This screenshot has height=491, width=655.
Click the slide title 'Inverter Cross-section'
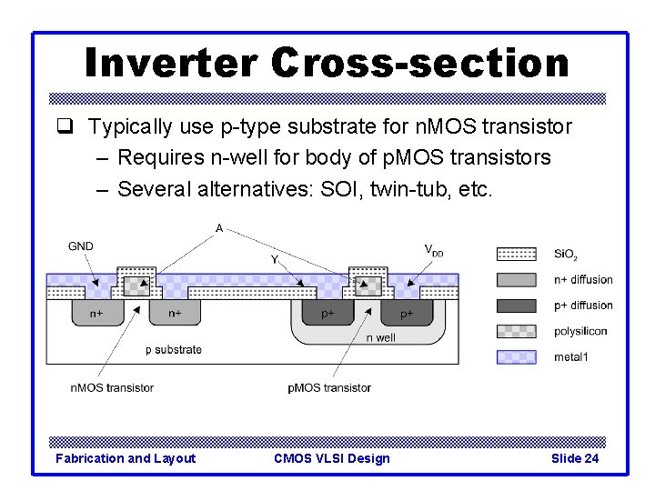[x=327, y=63]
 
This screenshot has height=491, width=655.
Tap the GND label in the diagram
[x=80, y=245]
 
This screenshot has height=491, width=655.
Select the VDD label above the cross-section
[x=434, y=249]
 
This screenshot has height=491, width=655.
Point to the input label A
[x=219, y=227]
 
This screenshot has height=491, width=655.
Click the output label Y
[x=275, y=259]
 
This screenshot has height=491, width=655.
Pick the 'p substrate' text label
[x=174, y=349]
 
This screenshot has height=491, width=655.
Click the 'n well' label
[x=380, y=337]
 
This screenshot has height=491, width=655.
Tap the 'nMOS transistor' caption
[x=112, y=387]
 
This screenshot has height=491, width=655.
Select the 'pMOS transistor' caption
[x=329, y=387]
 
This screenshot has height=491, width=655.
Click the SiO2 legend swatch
[x=516, y=254]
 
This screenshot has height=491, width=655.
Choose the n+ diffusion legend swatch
[x=516, y=280]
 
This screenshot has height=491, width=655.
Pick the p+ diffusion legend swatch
[x=516, y=306]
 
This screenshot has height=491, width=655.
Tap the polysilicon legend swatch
[x=516, y=331]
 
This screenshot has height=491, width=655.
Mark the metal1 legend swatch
[x=516, y=356]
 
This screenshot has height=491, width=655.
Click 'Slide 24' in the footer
[x=575, y=458]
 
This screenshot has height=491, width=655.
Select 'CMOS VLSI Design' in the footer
[x=331, y=458]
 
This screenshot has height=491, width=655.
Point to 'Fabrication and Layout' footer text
[x=126, y=458]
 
